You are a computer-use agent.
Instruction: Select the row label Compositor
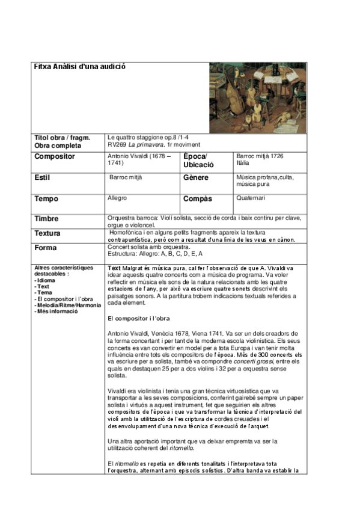(x=55, y=156)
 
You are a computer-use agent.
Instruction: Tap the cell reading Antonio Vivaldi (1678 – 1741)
(x=139, y=159)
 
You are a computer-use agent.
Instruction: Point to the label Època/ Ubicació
(x=198, y=160)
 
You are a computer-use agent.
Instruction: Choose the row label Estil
(x=44, y=178)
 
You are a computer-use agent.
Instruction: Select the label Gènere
(x=197, y=178)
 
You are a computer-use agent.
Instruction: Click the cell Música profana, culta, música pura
(x=265, y=181)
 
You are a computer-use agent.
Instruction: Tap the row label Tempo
(x=46, y=199)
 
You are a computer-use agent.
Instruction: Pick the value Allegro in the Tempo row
(x=117, y=198)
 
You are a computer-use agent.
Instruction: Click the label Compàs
(x=198, y=199)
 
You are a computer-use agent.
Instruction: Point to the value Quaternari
(x=251, y=198)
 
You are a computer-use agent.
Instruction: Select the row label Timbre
(x=47, y=219)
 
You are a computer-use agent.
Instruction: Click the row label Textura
(x=48, y=233)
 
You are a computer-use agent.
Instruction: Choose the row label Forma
(x=46, y=248)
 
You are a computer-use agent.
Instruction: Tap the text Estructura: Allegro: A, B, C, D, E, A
(x=155, y=254)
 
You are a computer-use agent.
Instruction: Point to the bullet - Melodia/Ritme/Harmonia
(x=68, y=306)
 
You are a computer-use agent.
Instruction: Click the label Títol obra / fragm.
(x=63, y=138)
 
